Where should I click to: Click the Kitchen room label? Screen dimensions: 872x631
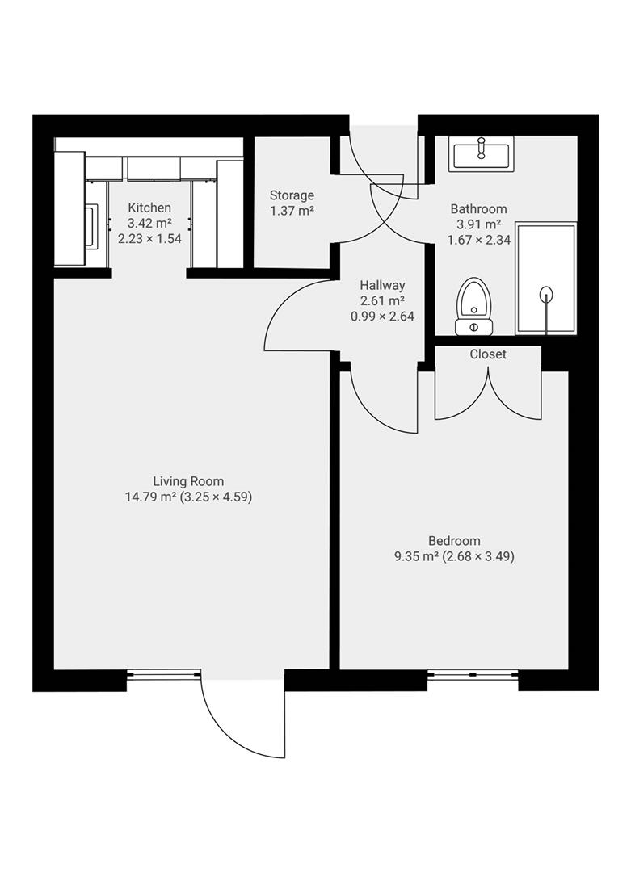(149, 208)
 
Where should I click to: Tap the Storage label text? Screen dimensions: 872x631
(292, 195)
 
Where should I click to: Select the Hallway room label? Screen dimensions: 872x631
(382, 285)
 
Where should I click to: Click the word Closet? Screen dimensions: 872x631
(488, 354)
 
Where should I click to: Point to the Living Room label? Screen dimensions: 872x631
(188, 481)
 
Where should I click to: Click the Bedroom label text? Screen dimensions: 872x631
(454, 541)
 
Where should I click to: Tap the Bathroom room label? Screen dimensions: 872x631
(479, 209)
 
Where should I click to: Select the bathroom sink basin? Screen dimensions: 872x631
(482, 152)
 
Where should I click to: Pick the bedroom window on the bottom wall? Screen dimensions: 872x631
(473, 673)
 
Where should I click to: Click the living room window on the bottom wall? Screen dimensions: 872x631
(163, 673)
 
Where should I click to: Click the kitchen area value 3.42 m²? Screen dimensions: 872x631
(149, 224)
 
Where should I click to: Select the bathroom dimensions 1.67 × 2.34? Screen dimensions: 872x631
(479, 240)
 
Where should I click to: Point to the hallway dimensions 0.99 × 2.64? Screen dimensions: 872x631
(382, 317)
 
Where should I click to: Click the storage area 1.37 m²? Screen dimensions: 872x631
(292, 211)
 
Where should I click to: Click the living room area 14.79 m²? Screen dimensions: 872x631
(150, 497)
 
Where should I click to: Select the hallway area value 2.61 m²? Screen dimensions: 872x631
(382, 300)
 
